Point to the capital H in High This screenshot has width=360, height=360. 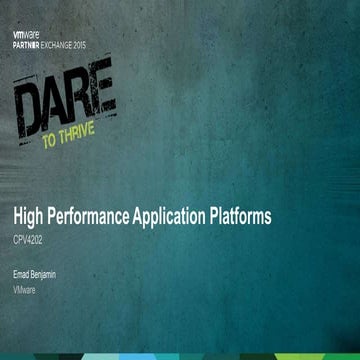click(x=18, y=215)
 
